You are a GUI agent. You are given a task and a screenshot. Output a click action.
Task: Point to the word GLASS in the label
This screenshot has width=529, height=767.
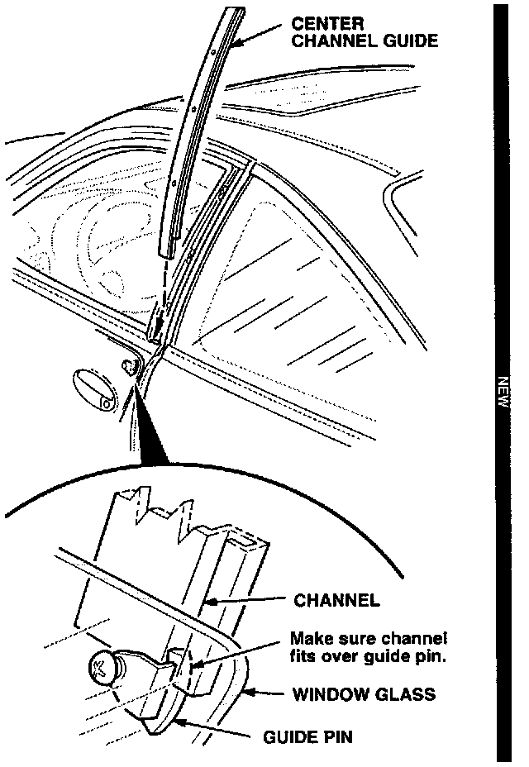point(403,694)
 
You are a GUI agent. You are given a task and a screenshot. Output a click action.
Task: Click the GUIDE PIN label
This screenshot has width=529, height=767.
point(307,736)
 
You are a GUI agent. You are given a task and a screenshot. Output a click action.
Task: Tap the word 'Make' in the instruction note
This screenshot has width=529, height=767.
point(308,639)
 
